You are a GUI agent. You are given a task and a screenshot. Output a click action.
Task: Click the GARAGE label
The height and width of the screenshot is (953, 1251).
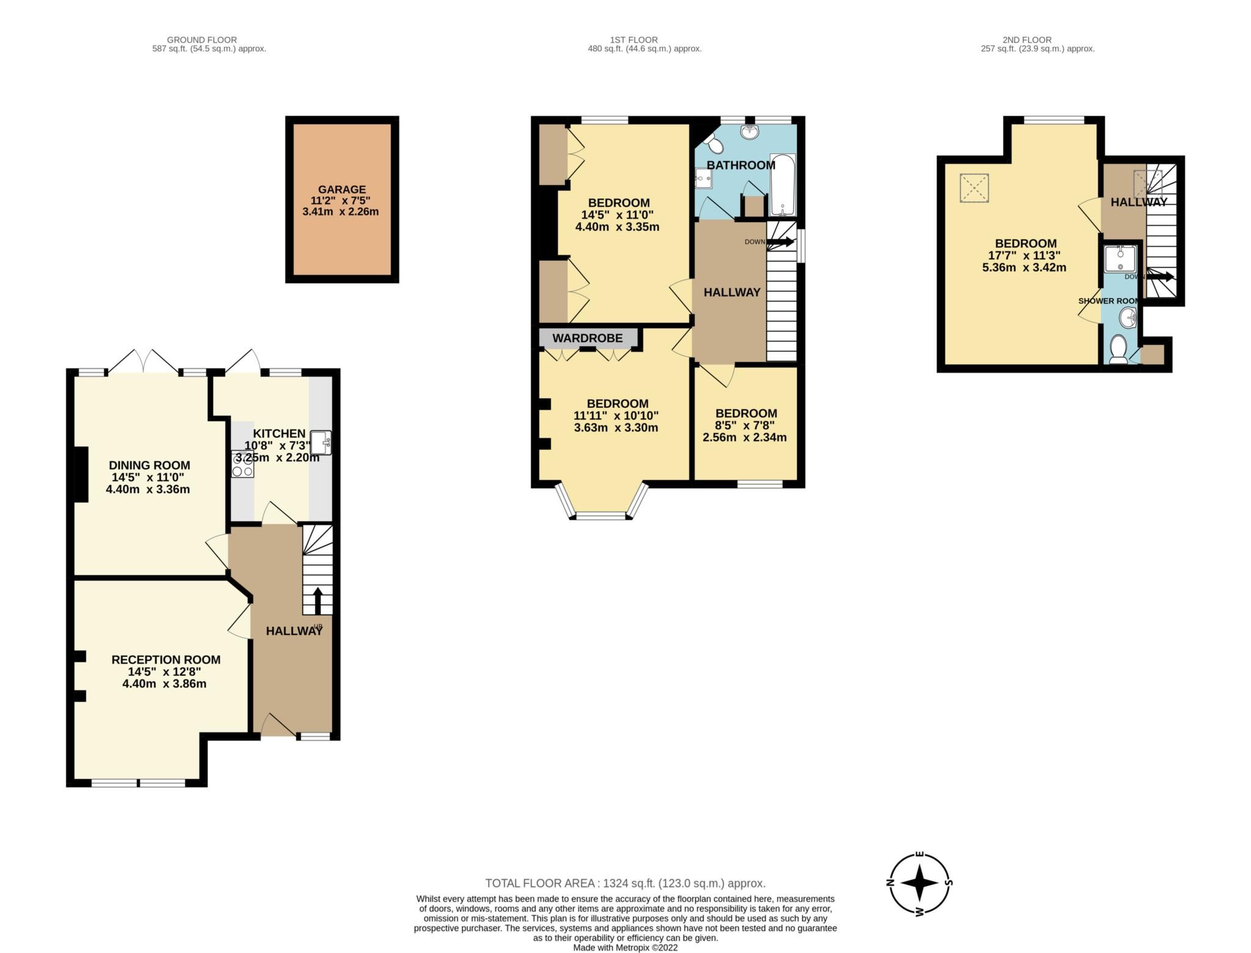coord(341,189)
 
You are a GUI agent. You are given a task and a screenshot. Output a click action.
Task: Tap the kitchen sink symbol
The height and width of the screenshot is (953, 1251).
coord(321,443)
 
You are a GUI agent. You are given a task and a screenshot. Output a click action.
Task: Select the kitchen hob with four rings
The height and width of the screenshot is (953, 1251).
coord(243,465)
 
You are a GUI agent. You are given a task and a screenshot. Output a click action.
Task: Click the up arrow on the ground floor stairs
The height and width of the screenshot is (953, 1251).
coord(318,601)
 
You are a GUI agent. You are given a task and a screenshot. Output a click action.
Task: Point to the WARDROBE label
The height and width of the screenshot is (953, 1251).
coord(587,338)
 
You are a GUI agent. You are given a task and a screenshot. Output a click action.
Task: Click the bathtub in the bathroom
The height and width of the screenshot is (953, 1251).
coord(782,186)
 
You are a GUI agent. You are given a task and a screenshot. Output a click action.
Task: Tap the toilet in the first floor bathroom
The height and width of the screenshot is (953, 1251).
coord(713,144)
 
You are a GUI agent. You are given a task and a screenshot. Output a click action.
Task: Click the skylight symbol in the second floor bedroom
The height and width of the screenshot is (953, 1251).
coord(974,188)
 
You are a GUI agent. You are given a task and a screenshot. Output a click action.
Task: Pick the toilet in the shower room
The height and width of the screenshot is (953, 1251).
coord(1118,349)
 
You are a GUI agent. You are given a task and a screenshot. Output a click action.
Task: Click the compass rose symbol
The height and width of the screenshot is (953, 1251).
coord(919,883)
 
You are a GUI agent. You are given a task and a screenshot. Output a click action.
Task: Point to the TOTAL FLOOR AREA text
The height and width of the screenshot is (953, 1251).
coord(625,883)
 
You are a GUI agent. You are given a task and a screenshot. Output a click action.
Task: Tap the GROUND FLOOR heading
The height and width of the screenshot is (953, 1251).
coord(202,40)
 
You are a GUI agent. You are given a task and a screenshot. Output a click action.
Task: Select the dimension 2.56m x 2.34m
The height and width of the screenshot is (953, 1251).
coord(745,437)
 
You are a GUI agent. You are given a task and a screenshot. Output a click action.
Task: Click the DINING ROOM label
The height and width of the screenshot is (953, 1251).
coord(149,465)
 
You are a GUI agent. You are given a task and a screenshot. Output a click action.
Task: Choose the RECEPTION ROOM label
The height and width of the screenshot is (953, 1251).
coord(166,659)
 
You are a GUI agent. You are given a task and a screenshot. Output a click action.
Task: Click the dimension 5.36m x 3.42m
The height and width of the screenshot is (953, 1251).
coord(1024,267)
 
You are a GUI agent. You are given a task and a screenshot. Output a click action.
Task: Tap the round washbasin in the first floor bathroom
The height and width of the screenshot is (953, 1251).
coord(748,131)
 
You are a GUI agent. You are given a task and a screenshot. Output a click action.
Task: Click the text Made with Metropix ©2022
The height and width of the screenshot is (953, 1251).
coord(625,948)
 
